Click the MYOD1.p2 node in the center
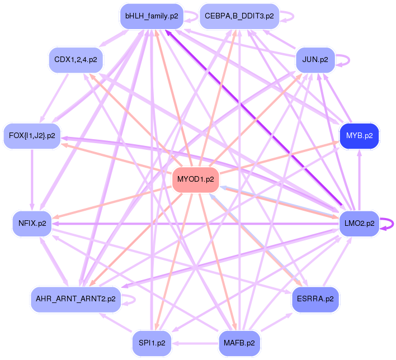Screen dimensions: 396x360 195,179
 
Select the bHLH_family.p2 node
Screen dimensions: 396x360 152,16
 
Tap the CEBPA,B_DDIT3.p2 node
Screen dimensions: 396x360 239,16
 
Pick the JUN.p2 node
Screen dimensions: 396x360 315,59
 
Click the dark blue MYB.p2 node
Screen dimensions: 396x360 359,135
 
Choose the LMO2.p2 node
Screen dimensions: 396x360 359,224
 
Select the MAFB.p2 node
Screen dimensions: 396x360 239,342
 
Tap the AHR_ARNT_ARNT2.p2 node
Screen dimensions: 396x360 76,299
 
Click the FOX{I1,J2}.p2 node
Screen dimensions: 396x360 32,135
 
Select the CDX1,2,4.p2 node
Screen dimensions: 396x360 76,59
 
